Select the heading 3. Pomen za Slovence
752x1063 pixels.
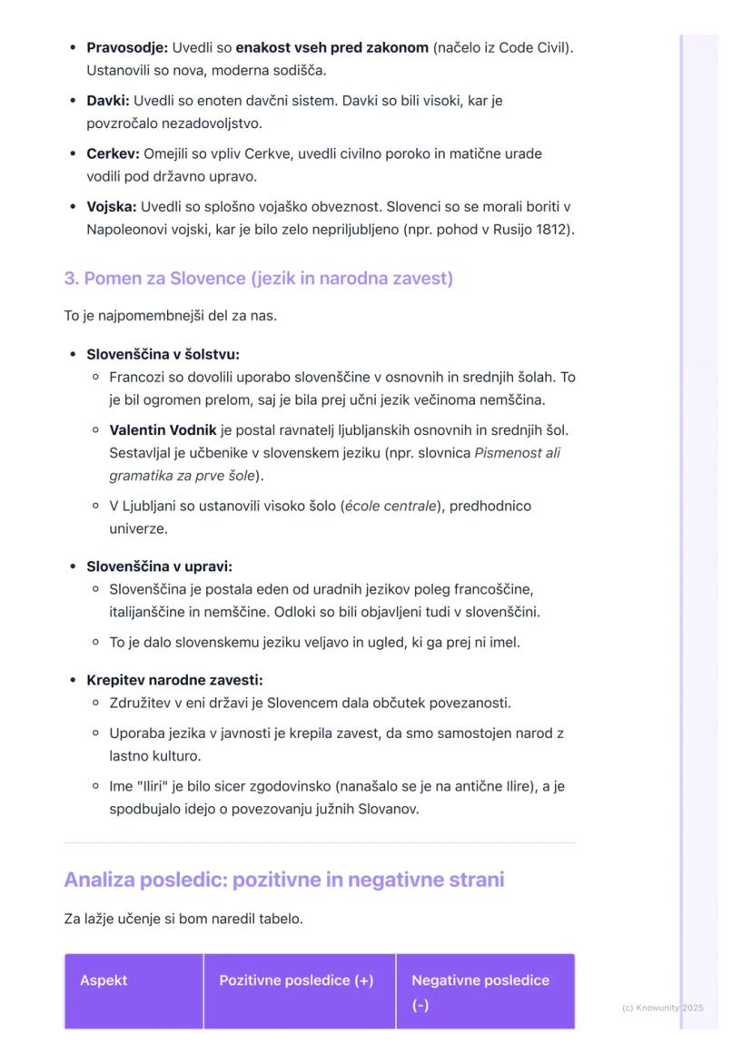pos(258,279)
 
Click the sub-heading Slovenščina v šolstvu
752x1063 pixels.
pos(163,354)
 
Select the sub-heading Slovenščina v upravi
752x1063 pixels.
pos(159,566)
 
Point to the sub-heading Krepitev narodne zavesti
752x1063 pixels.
pos(173,680)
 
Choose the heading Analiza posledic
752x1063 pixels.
pos(283,880)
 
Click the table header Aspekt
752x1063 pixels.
pos(104,980)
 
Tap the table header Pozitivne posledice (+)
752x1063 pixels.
pos(296,980)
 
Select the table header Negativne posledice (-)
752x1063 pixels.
pos(480,992)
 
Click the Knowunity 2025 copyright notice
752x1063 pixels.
pos(662,1008)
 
